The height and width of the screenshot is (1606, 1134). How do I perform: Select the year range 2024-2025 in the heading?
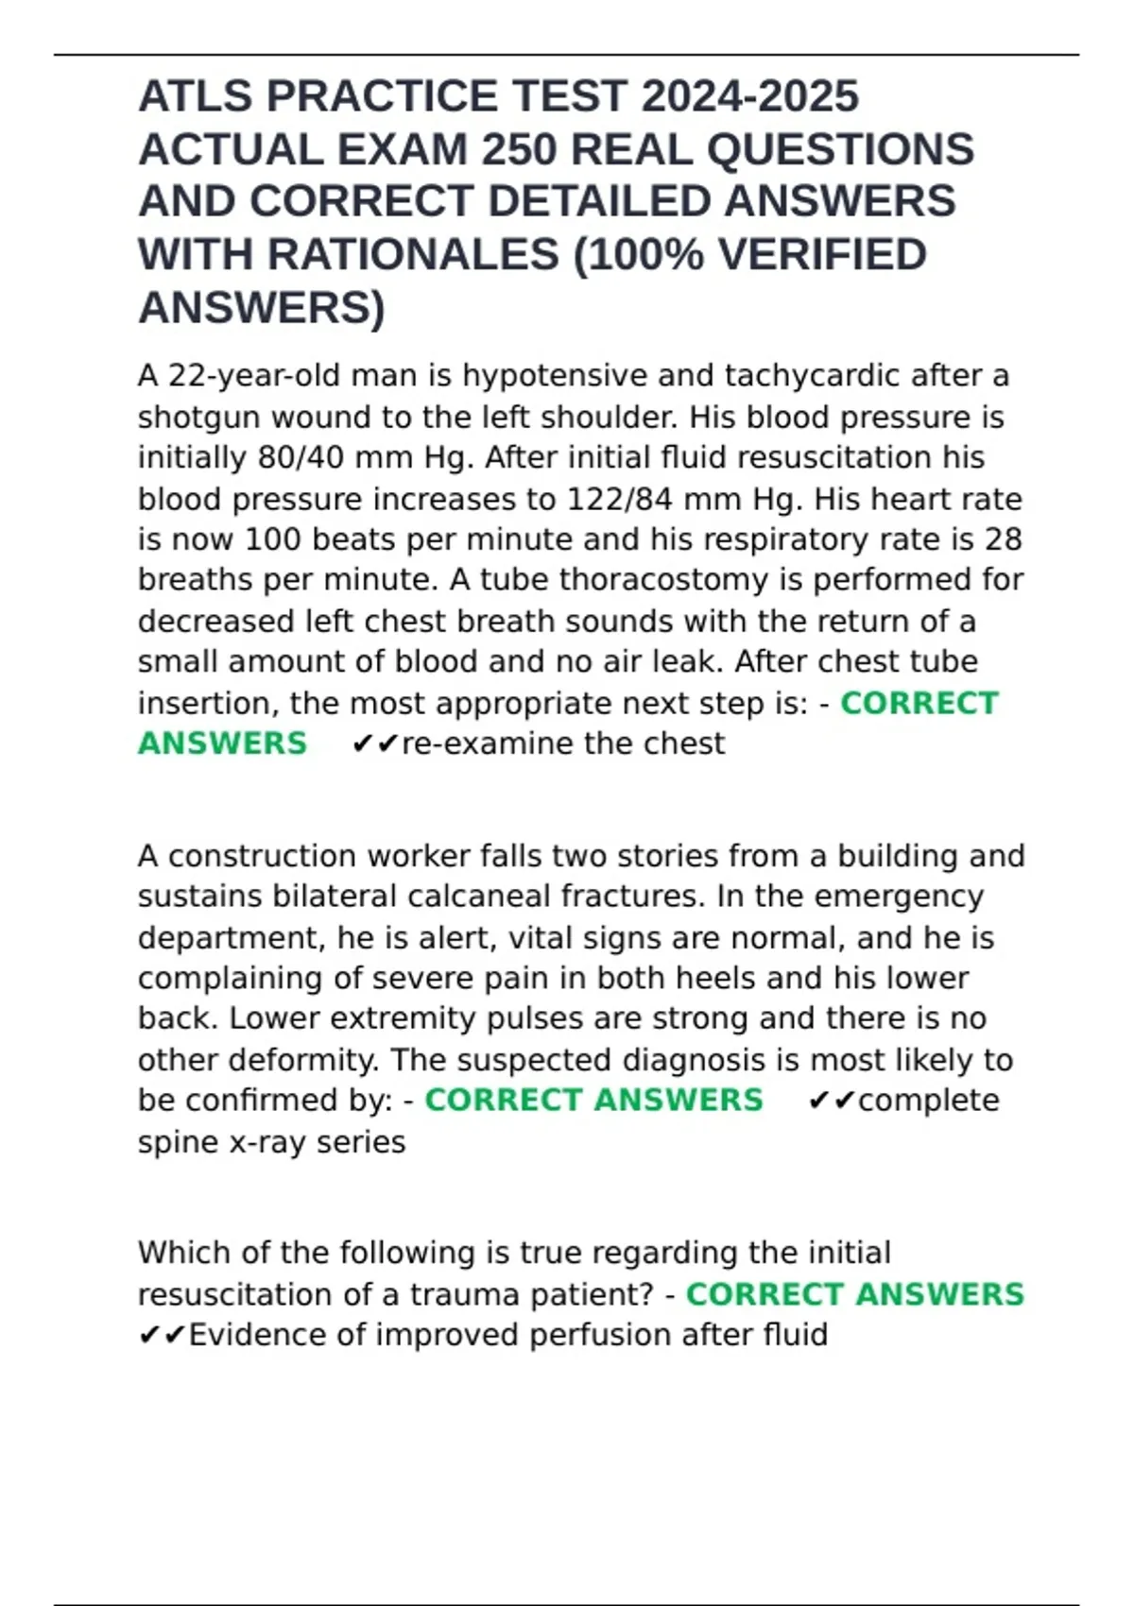coord(750,96)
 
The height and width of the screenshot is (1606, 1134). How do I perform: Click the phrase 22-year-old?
coord(254,376)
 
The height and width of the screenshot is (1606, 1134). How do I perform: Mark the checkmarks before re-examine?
coord(375,744)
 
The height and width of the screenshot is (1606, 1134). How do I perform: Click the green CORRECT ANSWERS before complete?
coord(593,1101)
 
